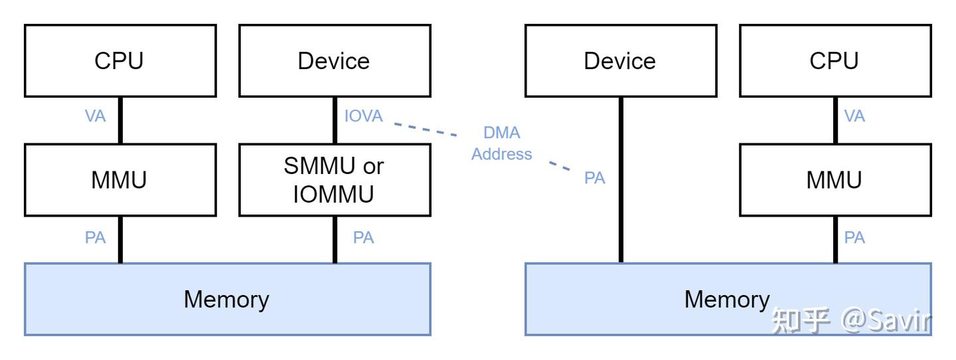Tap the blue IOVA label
coord(364,116)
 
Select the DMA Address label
coord(501,143)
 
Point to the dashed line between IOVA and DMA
coord(425,130)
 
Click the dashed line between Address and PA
coord(559,166)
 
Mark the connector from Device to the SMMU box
coord(335,120)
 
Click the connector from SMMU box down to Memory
coord(335,240)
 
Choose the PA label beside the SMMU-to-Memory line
coord(364,237)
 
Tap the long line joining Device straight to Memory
coord(621,180)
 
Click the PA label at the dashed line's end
coord(595,177)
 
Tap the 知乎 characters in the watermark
coord(801,320)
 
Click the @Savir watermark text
coord(886,320)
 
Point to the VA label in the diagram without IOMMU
coord(854,116)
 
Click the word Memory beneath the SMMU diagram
coord(226,300)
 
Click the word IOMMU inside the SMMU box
coord(333,195)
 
